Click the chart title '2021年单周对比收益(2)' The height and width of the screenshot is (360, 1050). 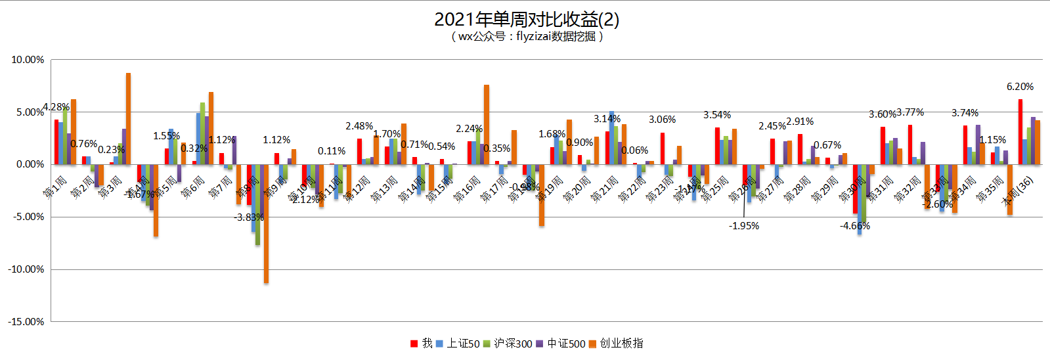(526, 19)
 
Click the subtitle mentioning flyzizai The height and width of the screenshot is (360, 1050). (526, 37)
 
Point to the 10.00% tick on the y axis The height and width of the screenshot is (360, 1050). (28, 60)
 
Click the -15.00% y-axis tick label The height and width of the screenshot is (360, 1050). (26, 322)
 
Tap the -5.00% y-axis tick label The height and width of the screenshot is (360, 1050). (28, 217)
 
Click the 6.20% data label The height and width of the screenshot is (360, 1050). (1020, 87)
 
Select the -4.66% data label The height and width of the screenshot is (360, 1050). (855, 226)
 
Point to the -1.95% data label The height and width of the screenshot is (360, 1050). (744, 226)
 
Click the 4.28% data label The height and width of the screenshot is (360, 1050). (56, 107)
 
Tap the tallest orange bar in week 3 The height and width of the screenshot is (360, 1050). (128, 118)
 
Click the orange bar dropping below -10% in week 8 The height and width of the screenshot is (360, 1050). (266, 223)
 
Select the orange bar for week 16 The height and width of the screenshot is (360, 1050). (487, 124)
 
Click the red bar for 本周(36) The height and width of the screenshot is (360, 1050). (1020, 131)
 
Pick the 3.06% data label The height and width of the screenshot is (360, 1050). (663, 120)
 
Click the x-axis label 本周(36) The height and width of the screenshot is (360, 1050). (1018, 191)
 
